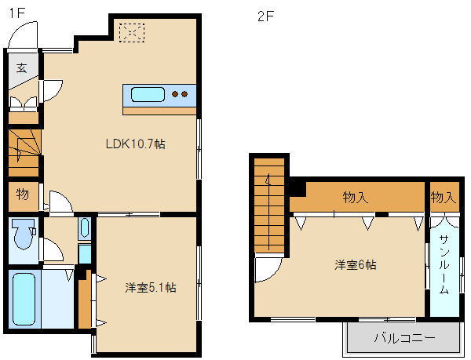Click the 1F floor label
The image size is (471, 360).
pyautogui.click(x=17, y=13)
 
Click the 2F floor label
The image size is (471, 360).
pyautogui.click(x=266, y=16)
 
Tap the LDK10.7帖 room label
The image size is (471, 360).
pyautogui.click(x=136, y=144)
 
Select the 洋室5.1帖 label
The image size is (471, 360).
pyautogui.click(x=151, y=288)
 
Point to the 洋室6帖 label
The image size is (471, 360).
pyautogui.click(x=356, y=265)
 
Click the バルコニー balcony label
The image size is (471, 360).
pyautogui.click(x=404, y=338)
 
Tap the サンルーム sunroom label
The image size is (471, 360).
pyautogui.click(x=444, y=264)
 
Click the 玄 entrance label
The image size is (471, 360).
pyautogui.click(x=22, y=67)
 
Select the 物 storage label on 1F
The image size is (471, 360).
pyautogui.click(x=23, y=195)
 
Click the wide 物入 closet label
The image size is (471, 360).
pyautogui.click(x=356, y=198)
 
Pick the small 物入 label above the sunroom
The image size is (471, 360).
pyautogui.click(x=444, y=198)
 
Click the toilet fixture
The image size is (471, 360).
pyautogui.click(x=23, y=234)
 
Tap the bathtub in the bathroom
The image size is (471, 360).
pyautogui.click(x=24, y=299)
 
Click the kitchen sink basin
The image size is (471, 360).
pyautogui.click(x=148, y=94)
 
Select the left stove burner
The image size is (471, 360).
pyautogui.click(x=175, y=94)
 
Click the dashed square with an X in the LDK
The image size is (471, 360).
pyautogui.click(x=132, y=32)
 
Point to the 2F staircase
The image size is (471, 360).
pyautogui.click(x=269, y=205)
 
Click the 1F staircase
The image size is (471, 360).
pyautogui.click(x=24, y=152)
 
